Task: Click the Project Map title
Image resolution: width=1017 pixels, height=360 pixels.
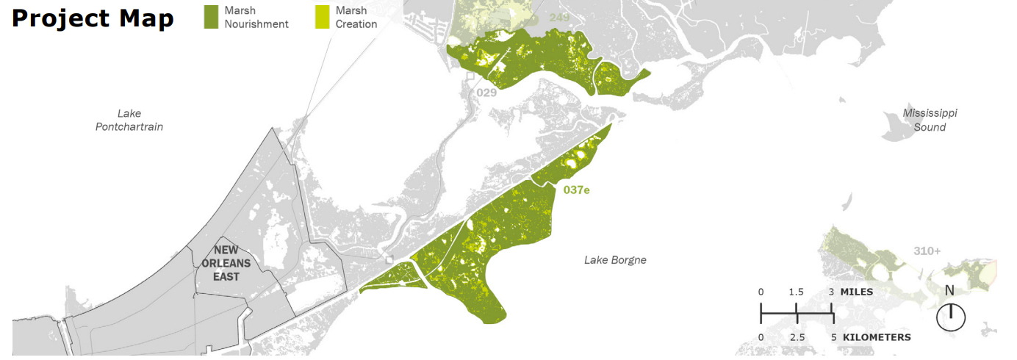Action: point(93,19)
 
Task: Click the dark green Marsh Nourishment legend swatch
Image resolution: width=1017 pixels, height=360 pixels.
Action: point(212,17)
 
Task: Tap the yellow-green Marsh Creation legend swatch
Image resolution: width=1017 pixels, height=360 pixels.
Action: point(322,17)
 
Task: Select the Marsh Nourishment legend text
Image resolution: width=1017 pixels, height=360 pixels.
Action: point(256,18)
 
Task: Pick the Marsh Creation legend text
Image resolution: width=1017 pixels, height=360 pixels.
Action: point(356,18)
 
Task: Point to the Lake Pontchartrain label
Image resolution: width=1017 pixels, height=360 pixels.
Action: point(129,120)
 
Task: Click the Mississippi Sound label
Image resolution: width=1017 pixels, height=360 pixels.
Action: point(930,120)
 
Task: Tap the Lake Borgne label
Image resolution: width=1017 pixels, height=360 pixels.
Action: point(615,259)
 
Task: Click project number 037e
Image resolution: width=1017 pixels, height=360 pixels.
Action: point(577,190)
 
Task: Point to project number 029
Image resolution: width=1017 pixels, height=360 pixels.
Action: point(486,93)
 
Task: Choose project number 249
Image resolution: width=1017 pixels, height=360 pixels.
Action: point(560,17)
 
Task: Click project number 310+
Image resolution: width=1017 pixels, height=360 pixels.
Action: point(927,251)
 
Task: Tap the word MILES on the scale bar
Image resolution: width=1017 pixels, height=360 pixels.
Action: point(857,292)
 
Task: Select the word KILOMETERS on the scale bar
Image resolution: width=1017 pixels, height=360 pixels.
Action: point(877,337)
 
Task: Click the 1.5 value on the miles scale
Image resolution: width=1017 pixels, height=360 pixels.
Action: point(797,292)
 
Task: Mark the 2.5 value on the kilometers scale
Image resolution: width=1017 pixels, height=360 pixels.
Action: point(797,337)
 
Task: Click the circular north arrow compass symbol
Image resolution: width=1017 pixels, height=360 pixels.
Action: point(951,317)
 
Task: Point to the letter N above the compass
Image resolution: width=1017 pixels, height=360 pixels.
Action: point(949,290)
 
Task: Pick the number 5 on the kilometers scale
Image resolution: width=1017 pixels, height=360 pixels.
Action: point(833,337)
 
